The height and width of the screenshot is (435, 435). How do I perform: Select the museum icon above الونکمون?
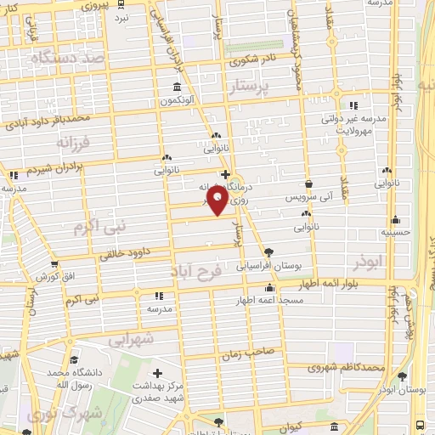(x=176, y=88)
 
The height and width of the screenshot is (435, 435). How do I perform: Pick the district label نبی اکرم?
(x=93, y=227)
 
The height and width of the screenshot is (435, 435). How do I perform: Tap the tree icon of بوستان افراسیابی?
(x=269, y=252)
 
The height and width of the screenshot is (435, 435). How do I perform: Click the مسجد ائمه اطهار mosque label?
(x=267, y=300)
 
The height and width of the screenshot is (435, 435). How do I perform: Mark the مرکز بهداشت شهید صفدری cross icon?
(x=157, y=373)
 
